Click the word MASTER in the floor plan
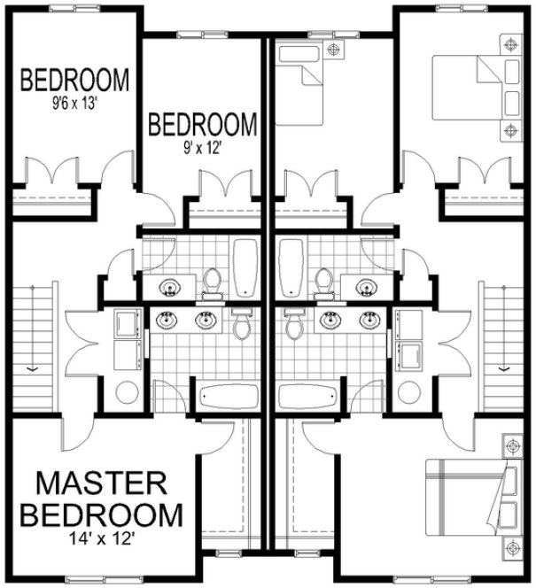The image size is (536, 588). pos(101,484)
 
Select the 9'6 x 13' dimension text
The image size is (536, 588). pos(75,102)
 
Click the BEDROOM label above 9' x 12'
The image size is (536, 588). pos(203,125)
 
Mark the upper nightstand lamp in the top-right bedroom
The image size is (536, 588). pos(510,43)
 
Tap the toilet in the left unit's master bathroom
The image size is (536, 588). pos(241,326)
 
